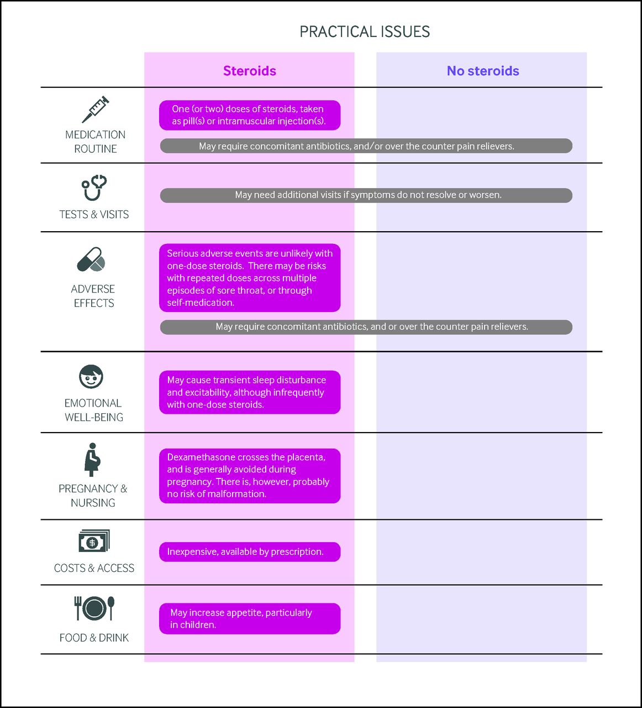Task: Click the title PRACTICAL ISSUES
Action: tap(365, 32)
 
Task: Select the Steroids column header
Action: tap(250, 71)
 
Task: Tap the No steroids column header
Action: tap(483, 71)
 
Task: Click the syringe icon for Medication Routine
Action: tap(96, 109)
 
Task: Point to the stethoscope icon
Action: tap(94, 188)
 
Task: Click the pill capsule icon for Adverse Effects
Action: tap(91, 259)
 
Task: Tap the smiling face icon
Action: tap(91, 377)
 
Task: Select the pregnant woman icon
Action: tap(92, 460)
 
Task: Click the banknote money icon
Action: tap(94, 541)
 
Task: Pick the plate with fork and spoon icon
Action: tap(94, 608)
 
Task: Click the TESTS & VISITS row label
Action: tap(94, 215)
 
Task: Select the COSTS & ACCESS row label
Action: tap(94, 568)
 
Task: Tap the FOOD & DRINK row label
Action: tap(94, 638)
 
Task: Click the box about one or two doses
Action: tap(250, 115)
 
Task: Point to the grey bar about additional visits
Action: tap(366, 195)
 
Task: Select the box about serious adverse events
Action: tap(250, 278)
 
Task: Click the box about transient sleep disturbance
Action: tap(250, 392)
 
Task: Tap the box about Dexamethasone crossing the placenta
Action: tap(250, 476)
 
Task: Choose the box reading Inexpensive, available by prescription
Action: tap(250, 551)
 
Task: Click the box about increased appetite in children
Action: tap(250, 618)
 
